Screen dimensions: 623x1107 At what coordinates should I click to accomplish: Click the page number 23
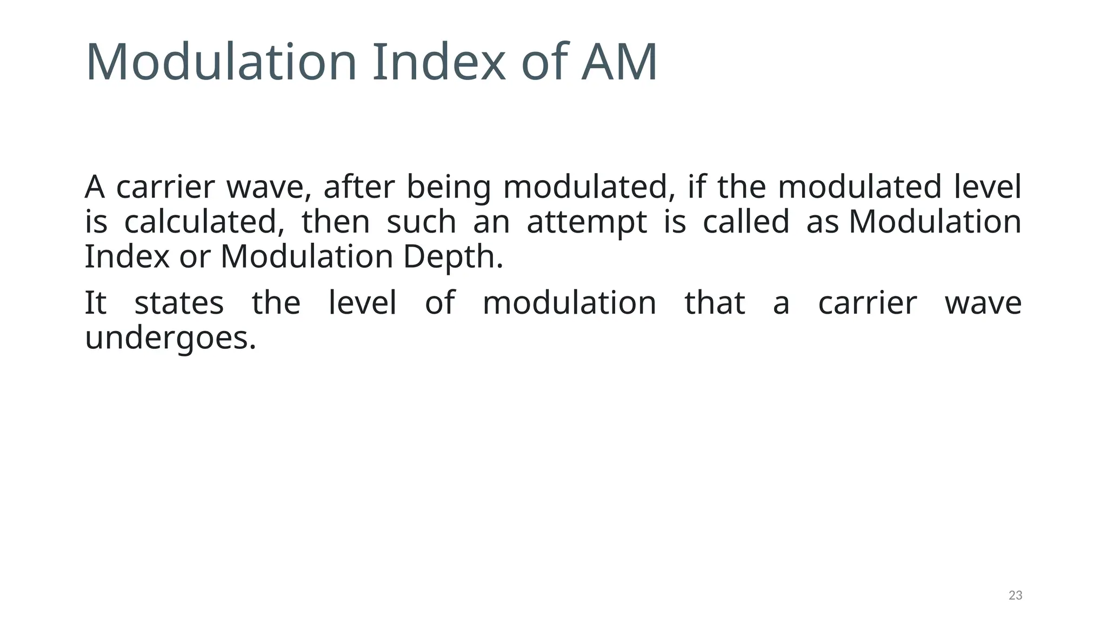click(x=1015, y=595)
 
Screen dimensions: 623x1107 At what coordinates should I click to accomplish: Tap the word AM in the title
click(x=619, y=62)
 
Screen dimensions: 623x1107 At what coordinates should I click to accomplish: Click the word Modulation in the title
click(x=221, y=62)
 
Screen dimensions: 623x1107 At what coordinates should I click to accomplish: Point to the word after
click(x=359, y=187)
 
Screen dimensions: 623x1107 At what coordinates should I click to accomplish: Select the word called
click(x=746, y=222)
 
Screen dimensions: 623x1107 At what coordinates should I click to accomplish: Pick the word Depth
click(x=453, y=257)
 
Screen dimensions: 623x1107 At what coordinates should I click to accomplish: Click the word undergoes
click(x=170, y=339)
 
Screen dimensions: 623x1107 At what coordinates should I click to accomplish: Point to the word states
click(x=179, y=303)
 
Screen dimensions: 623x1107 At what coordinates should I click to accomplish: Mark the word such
click(x=422, y=222)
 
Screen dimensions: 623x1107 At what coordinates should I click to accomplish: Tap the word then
click(x=336, y=222)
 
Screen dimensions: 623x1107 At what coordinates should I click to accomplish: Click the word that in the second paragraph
click(x=715, y=303)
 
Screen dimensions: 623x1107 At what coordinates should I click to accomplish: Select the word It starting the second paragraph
click(x=96, y=303)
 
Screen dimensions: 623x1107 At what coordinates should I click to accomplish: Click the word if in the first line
click(x=696, y=187)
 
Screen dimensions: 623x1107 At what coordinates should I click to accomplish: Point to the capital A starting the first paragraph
click(x=95, y=187)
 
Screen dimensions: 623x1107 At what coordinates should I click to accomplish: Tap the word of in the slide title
click(x=544, y=62)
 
